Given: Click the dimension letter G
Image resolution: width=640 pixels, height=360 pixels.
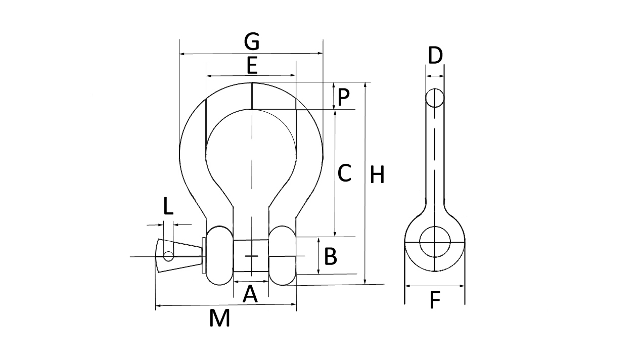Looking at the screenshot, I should pos(251,41).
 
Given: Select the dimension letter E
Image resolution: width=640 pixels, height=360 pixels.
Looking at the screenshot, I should pos(251,66).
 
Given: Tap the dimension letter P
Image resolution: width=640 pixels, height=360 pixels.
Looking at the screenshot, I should pos(344,97).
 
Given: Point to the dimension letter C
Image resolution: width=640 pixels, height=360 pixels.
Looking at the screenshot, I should pos(344,173).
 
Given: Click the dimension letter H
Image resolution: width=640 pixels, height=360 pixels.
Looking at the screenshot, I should pos(377,175).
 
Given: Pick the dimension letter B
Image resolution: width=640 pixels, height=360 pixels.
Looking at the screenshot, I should pos(330,257).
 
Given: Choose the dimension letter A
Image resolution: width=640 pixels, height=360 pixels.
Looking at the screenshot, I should pos(250,294).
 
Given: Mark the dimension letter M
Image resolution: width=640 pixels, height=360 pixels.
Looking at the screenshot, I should pos(220,319).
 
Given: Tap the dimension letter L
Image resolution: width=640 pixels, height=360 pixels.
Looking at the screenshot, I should pos(168,207).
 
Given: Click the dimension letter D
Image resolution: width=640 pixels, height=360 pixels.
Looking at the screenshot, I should pos(435,56).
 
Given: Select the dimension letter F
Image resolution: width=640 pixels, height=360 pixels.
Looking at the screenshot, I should pos(435,301).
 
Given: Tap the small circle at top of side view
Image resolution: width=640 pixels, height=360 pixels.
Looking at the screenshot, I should pos(435,98).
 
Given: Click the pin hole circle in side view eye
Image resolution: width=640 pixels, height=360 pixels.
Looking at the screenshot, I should pos(435,243).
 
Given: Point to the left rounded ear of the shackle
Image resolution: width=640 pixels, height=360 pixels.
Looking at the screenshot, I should pos(219,255).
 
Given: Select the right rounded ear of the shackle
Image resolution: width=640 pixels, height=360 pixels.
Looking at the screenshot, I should pos(282,255).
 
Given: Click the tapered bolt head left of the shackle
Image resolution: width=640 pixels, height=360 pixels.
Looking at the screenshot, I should pos(179,256).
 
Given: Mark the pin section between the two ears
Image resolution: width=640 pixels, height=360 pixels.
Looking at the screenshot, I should pos(251,256).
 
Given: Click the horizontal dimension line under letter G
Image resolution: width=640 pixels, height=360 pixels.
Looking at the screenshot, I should pos(251,53).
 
